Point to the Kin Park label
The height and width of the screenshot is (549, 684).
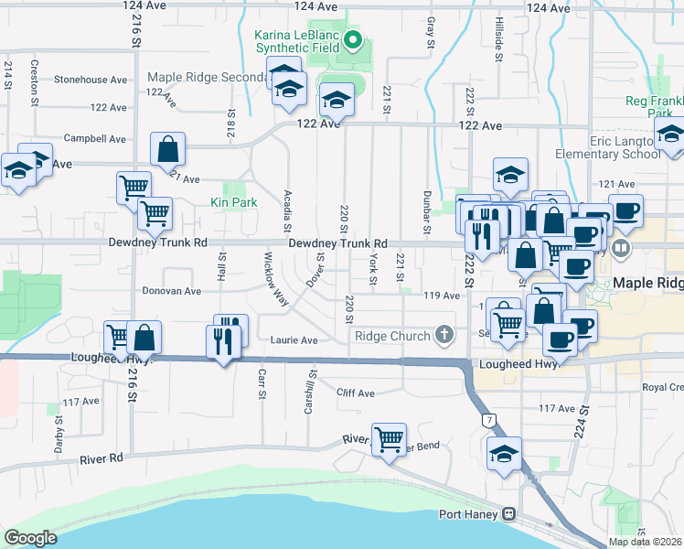pos(234,202)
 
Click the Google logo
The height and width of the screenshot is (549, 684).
pos(31,537)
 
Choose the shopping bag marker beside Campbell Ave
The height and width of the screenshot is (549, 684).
pos(168,148)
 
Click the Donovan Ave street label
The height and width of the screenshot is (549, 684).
pos(171,292)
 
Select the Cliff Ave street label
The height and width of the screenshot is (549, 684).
pos(355,393)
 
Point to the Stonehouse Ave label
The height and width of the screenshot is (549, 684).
pos(90,80)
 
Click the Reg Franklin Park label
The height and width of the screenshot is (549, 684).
pos(654,107)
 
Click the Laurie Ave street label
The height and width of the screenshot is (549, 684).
pos(294,339)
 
